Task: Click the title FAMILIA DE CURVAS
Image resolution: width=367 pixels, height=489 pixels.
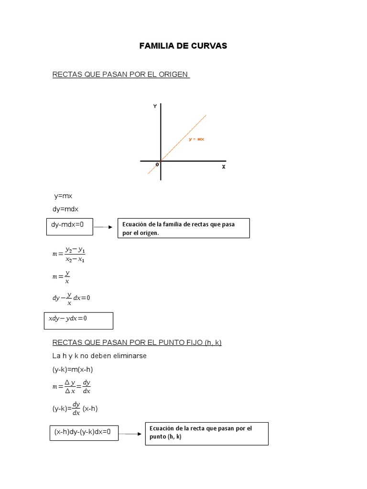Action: point(183,46)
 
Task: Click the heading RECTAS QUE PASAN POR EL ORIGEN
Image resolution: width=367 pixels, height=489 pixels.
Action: point(121,75)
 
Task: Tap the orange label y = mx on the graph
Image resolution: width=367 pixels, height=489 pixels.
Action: point(196,139)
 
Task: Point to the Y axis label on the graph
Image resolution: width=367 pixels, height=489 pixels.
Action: point(155,106)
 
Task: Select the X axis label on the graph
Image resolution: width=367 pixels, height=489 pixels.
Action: point(223,167)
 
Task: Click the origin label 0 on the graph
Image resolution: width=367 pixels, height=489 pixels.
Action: point(157,165)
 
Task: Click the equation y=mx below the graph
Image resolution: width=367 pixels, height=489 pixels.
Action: point(63,196)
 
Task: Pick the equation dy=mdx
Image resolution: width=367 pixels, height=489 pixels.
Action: point(65,209)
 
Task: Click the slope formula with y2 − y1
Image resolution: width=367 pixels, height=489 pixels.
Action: point(69,254)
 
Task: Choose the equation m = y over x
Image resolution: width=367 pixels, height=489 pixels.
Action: point(62,277)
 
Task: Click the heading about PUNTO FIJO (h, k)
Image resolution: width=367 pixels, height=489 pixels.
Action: point(137,342)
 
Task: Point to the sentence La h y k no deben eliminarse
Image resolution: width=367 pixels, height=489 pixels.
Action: point(99,356)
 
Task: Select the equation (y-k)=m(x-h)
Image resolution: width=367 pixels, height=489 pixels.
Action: point(76,369)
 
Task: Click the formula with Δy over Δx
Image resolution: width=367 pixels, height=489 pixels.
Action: point(72,387)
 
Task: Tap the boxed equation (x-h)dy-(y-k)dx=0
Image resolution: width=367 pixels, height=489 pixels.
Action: point(83,432)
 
